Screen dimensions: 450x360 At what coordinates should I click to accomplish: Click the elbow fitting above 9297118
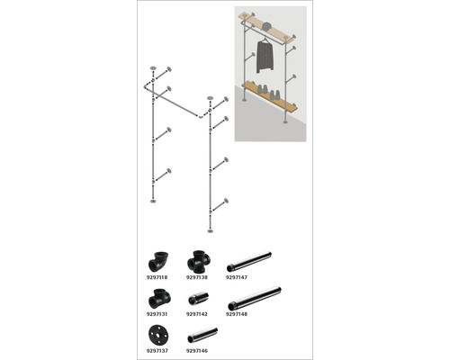point(157,261)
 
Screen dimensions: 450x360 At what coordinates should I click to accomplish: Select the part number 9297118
point(157,277)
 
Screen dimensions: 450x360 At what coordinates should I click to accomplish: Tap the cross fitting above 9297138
point(198,262)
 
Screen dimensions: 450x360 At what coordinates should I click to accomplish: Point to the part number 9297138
point(197,277)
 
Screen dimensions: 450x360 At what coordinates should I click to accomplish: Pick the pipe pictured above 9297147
point(249,262)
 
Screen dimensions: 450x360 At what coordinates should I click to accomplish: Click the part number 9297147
point(237,277)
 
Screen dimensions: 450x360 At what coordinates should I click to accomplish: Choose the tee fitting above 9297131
point(159,299)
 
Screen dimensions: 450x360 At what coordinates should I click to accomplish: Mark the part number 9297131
point(157,314)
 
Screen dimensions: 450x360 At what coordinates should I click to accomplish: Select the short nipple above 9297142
point(199,298)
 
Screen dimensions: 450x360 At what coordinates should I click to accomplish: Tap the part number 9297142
point(197,314)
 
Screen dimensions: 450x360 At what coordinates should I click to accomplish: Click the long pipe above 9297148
point(254,299)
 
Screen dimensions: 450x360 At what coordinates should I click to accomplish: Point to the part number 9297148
point(237,314)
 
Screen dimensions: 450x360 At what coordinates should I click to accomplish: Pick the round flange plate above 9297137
point(158,335)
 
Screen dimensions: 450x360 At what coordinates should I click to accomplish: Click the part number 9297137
point(157,351)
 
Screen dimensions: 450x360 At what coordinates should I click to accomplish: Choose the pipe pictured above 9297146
point(202,335)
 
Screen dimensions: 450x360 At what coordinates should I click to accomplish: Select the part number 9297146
point(197,351)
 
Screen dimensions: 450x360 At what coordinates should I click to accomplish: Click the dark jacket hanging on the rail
point(265,57)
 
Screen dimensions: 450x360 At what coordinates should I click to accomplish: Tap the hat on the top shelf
point(266,26)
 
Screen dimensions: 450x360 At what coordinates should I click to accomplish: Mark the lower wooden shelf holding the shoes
point(271,95)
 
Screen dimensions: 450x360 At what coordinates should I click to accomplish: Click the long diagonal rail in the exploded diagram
point(173,102)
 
